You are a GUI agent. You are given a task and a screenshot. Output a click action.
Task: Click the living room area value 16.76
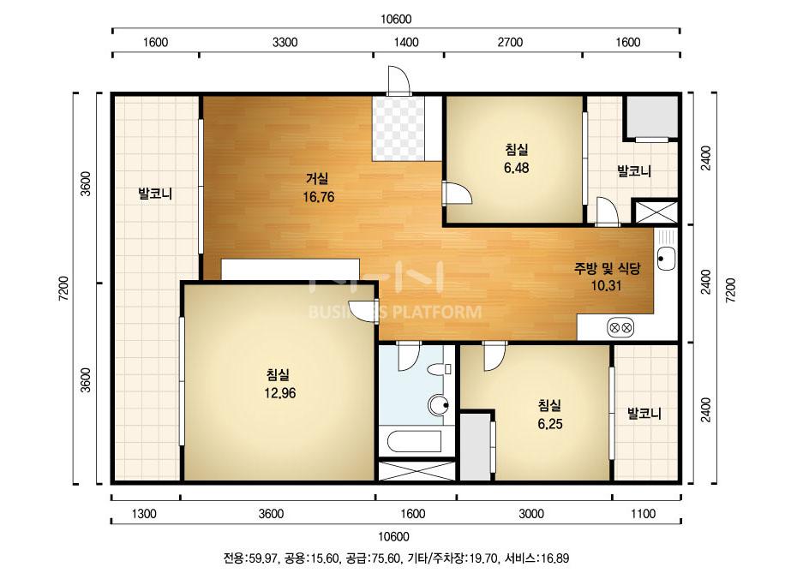[x=318, y=197]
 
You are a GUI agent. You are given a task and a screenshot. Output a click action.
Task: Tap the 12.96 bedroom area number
[x=280, y=393]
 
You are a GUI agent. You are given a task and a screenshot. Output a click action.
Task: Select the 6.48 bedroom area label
[x=516, y=167]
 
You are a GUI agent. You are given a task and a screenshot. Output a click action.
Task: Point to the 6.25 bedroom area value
[x=549, y=424]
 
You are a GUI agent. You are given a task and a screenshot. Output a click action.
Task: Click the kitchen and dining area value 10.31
[x=606, y=285]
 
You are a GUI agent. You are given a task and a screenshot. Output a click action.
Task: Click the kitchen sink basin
[x=666, y=258]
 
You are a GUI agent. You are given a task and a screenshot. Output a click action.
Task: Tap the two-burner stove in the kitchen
[x=620, y=328]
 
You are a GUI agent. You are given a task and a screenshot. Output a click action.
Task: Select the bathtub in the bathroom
[x=415, y=442]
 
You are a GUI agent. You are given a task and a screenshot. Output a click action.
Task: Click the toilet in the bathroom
[x=438, y=370]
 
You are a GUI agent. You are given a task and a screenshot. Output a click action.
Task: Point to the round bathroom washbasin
[x=438, y=405]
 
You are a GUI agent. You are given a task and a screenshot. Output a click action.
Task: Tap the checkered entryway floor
[x=398, y=128]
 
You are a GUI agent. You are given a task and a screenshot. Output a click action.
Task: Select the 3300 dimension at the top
[x=285, y=42]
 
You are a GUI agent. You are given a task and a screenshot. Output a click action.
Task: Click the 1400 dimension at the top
[x=406, y=42]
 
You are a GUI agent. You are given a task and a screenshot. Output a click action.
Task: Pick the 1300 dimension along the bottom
[x=144, y=514]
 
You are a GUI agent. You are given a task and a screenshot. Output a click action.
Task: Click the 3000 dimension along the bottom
[x=531, y=514]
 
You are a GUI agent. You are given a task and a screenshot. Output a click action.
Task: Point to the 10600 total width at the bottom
[x=394, y=536]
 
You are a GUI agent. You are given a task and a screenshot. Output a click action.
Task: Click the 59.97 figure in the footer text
[x=263, y=558]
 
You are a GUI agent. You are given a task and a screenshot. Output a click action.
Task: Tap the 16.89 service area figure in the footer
[x=554, y=558]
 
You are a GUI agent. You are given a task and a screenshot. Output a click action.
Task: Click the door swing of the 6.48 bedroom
[x=457, y=193]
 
